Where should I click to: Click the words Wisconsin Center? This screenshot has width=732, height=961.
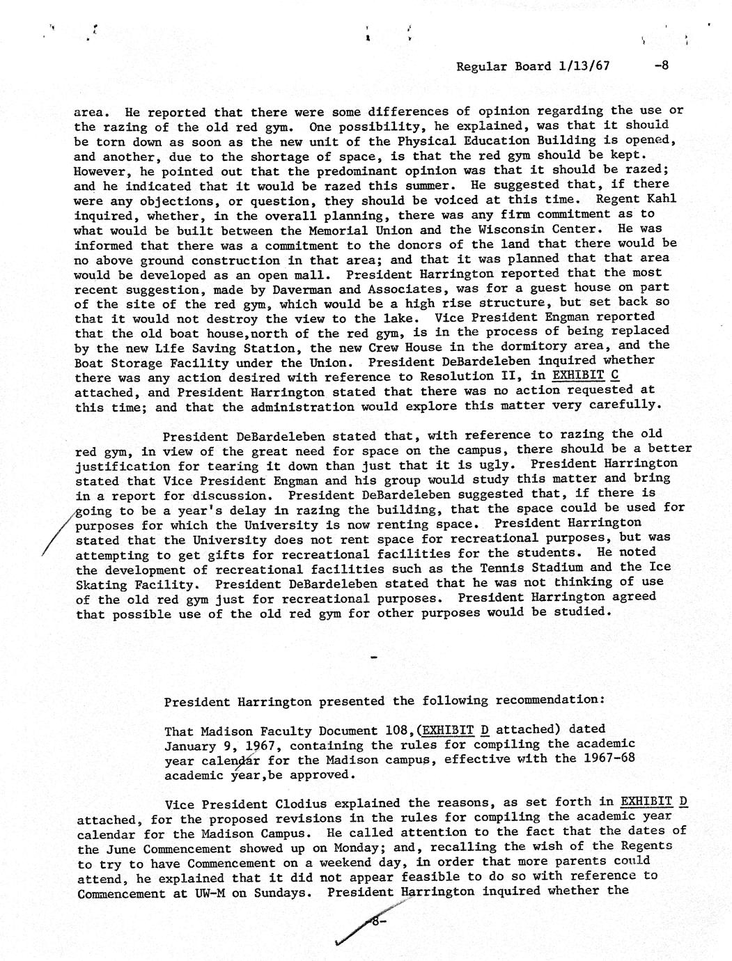click(545, 228)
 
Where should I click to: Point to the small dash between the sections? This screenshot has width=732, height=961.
click(375, 657)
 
